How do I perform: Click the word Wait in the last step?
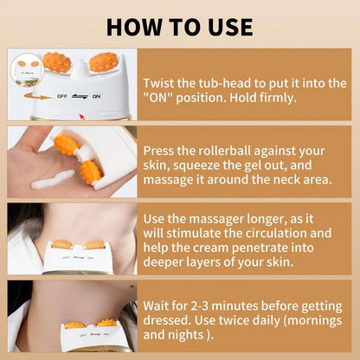tap(160, 305)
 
